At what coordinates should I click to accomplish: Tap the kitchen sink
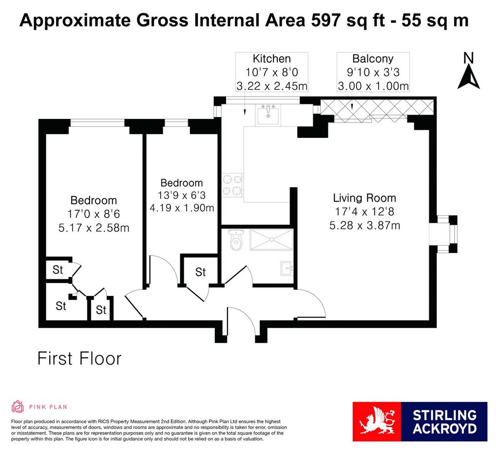(268, 115)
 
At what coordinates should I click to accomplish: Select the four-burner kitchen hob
(232, 185)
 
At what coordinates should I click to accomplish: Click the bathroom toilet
(236, 239)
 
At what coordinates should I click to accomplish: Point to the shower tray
(271, 239)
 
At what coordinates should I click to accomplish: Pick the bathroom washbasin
(287, 268)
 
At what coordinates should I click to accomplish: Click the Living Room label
(365, 198)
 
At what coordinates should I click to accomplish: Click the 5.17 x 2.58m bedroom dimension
(94, 228)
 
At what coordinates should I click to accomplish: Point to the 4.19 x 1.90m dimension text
(182, 208)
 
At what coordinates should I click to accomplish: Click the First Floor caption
(79, 358)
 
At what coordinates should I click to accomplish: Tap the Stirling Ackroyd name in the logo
(444, 422)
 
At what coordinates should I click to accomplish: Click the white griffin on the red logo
(377, 421)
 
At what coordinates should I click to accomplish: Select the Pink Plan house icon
(18, 406)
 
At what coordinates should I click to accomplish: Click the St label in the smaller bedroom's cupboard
(200, 272)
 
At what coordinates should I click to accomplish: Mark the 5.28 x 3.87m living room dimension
(365, 226)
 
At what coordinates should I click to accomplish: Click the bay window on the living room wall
(443, 234)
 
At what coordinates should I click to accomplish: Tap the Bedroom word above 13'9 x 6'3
(182, 183)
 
